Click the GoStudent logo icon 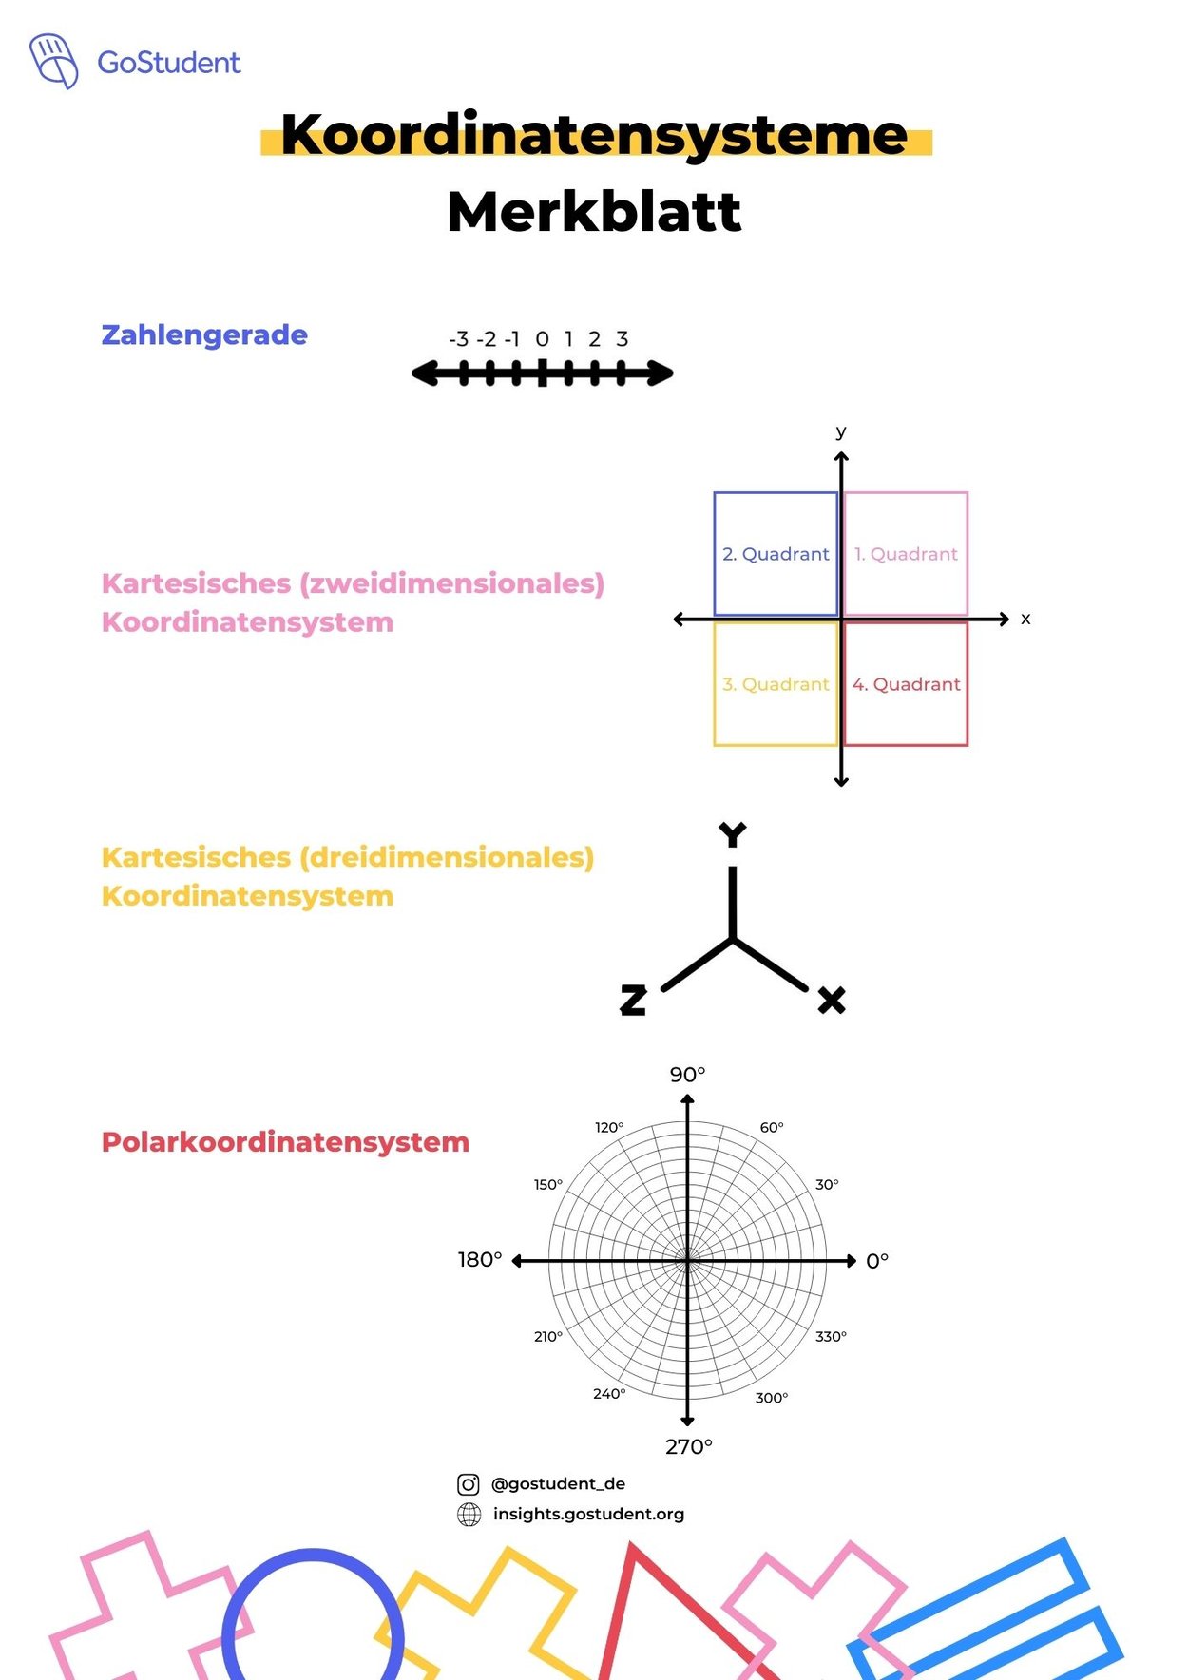tap(53, 61)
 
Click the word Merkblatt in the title tap(594, 211)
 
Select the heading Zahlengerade tap(204, 334)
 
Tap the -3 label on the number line tap(459, 339)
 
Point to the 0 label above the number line tap(542, 339)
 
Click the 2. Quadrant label tap(776, 554)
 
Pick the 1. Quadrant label tap(906, 554)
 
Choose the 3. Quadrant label tap(776, 684)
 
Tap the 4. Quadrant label tap(906, 684)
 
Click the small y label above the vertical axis tap(841, 431)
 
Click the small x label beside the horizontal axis tap(1025, 619)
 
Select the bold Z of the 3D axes tap(633, 1000)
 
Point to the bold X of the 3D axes tap(832, 1000)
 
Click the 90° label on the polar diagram tap(687, 1075)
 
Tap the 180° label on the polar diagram tap(480, 1260)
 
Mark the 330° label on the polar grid tap(831, 1337)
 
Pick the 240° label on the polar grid tap(609, 1394)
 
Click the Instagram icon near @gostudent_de tap(469, 1484)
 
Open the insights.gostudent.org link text tap(588, 1514)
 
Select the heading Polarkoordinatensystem tap(285, 1142)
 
